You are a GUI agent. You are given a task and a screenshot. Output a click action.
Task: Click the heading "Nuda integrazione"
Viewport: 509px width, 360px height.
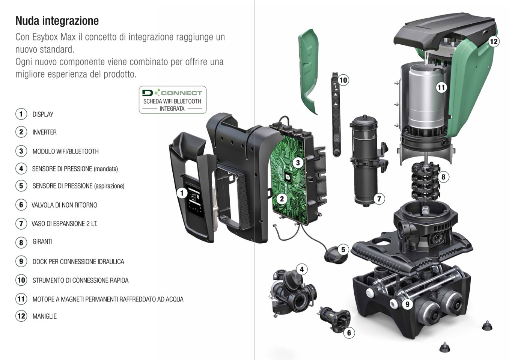[57, 21]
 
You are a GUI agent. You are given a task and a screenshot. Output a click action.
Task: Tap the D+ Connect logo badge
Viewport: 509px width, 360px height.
[173, 100]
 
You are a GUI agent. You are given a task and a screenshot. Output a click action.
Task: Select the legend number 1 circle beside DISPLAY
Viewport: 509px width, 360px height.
[21, 114]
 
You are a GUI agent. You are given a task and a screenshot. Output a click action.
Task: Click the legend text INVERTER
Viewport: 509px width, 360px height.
[45, 132]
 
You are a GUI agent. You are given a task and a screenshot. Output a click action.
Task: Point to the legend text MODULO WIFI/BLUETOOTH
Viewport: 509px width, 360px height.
[66, 151]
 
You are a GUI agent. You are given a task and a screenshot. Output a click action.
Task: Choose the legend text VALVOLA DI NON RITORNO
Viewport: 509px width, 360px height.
[64, 205]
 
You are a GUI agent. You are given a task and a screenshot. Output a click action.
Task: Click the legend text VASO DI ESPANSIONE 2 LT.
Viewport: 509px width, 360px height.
[65, 224]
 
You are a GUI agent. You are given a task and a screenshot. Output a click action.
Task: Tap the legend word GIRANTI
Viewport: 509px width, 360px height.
[42, 241]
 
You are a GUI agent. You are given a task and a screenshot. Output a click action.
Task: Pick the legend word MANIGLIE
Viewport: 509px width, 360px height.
[45, 316]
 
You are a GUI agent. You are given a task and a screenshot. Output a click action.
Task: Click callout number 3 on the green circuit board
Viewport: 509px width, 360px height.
[298, 163]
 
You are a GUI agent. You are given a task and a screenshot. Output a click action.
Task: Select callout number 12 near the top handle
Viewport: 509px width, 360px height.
[493, 42]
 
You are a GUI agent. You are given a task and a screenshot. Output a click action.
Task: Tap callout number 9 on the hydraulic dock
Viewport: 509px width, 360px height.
[407, 304]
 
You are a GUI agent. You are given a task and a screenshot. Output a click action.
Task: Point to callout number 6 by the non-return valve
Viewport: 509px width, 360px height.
[349, 333]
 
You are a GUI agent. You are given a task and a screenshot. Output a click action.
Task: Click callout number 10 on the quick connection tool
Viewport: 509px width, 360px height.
[343, 80]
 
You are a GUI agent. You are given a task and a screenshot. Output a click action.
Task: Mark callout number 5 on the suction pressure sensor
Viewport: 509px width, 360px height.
[343, 250]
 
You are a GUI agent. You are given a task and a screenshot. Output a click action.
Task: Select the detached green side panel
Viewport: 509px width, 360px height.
[309, 72]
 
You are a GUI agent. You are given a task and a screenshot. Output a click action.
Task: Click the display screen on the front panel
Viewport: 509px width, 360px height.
[194, 200]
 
